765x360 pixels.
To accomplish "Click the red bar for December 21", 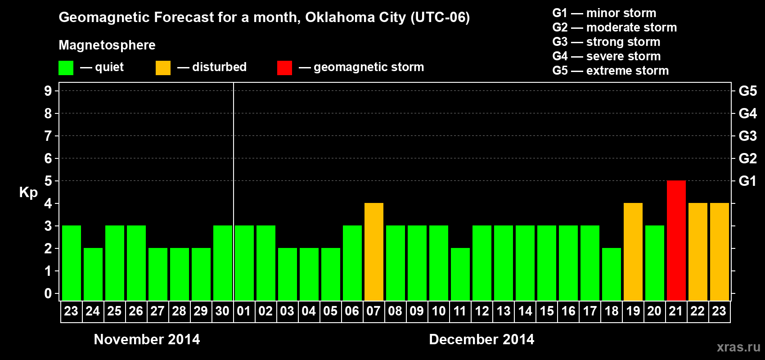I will click(x=676, y=240).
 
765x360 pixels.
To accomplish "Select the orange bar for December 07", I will click(x=373, y=252).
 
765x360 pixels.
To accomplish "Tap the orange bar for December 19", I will click(x=633, y=252).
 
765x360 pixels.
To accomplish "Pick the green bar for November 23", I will click(x=71, y=263).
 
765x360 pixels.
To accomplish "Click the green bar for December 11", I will click(x=460, y=274).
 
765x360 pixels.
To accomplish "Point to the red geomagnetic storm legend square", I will click(x=284, y=68).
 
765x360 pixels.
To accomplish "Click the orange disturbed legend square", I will click(x=163, y=68).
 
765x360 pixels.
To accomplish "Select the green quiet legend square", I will click(x=66, y=68).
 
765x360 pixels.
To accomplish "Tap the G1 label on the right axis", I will click(x=747, y=181).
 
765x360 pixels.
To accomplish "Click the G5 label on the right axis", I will click(x=747, y=91).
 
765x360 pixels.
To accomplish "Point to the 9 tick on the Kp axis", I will click(x=48, y=91).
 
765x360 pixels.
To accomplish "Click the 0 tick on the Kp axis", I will click(x=48, y=293).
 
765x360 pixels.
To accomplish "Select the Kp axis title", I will click(x=28, y=192).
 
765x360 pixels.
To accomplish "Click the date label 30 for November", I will click(x=222, y=311).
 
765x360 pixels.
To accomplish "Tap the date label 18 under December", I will click(x=611, y=311).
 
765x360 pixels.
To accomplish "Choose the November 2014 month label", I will click(x=147, y=339).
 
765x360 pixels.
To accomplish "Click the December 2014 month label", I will click(x=481, y=339).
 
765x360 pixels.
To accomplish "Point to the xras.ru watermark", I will click(x=738, y=347).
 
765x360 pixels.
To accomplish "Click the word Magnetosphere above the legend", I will click(x=107, y=45).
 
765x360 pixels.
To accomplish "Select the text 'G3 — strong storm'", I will click(x=606, y=42).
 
